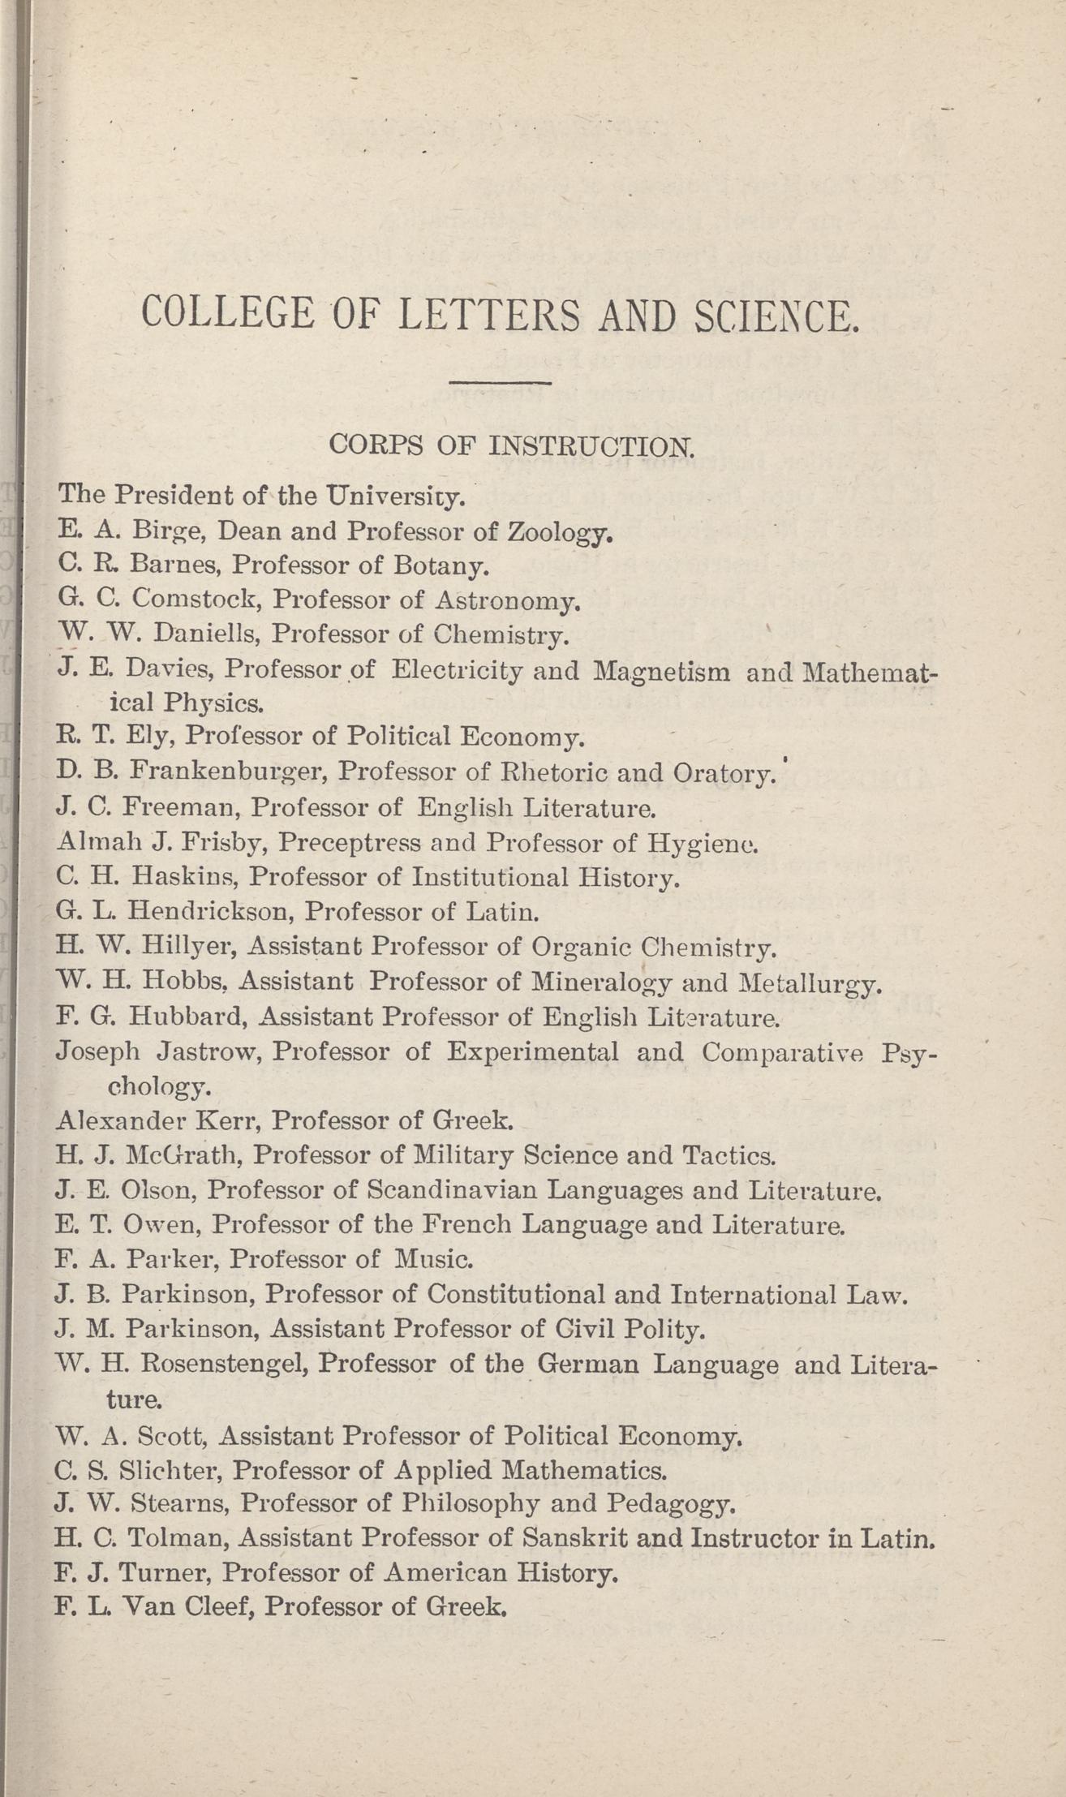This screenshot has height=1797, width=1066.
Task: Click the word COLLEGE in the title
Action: click(228, 313)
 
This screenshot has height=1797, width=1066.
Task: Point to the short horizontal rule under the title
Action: click(500, 383)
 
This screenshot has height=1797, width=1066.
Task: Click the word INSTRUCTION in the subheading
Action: click(593, 445)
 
